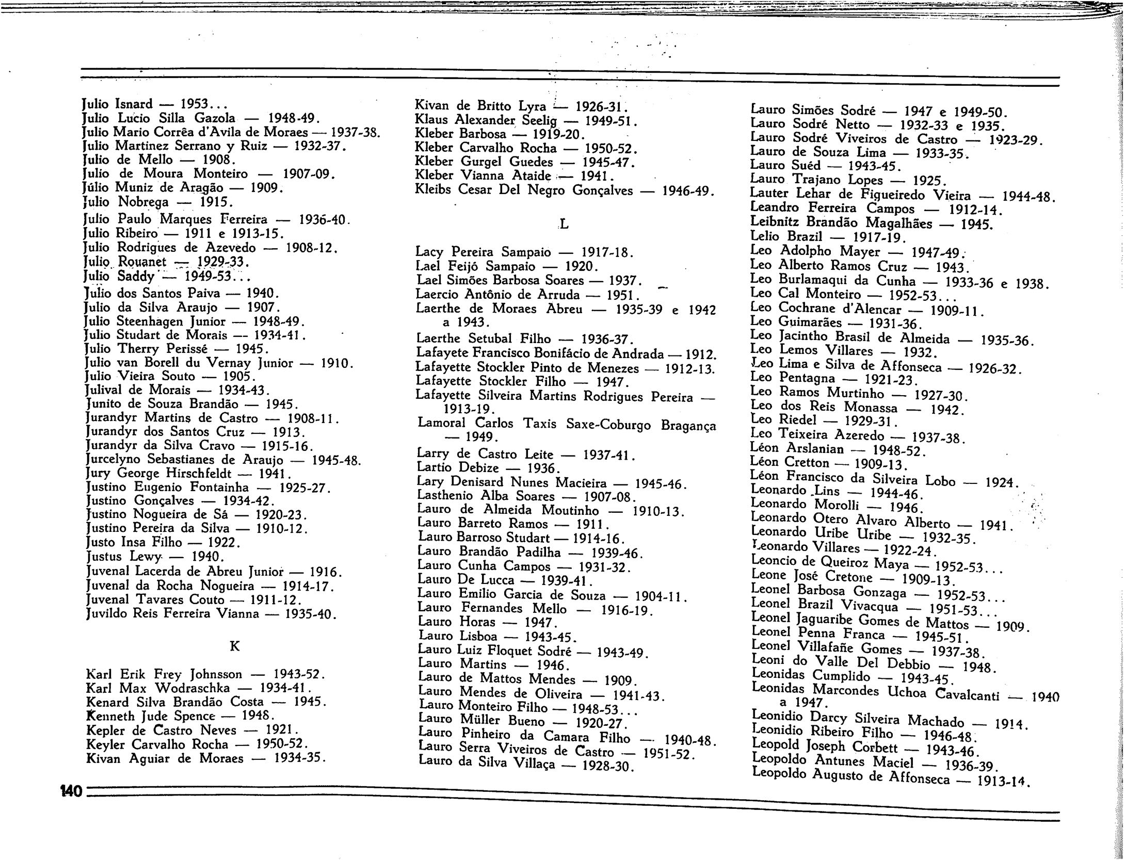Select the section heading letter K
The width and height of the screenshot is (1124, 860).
tap(234, 646)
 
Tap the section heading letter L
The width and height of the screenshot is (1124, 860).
tap(564, 225)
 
